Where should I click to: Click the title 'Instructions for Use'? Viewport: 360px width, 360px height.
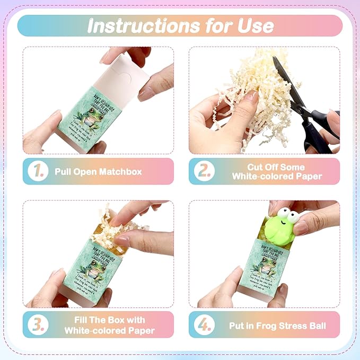(x=180, y=25)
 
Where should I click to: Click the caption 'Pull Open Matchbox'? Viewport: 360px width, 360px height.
(x=98, y=172)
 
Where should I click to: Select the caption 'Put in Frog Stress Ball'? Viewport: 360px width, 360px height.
(x=273, y=325)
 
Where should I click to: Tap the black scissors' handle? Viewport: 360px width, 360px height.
(x=318, y=127)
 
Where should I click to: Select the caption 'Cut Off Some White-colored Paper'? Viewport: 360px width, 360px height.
(x=277, y=171)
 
